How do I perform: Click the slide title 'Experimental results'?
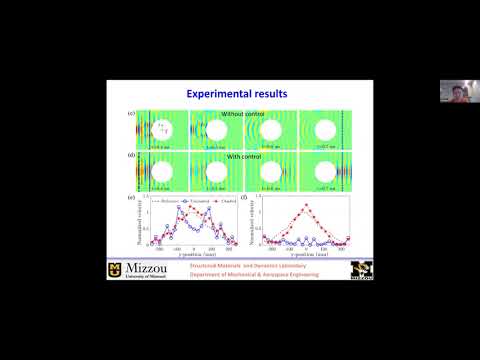click(x=238, y=93)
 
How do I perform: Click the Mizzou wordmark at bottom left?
click(x=140, y=270)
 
